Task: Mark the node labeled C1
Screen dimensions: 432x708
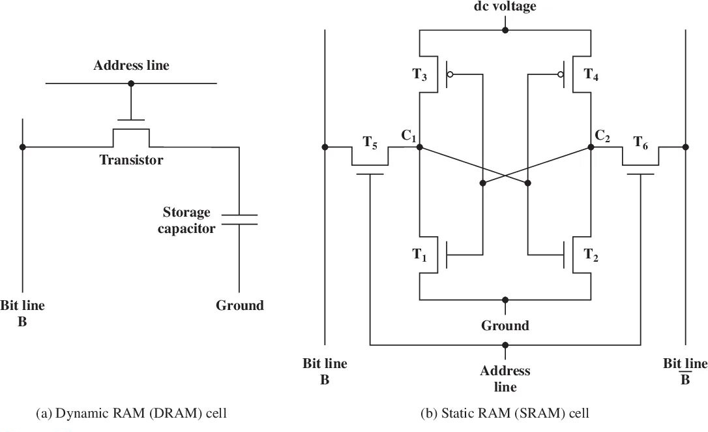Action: coord(409,136)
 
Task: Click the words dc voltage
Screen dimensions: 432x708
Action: coord(505,7)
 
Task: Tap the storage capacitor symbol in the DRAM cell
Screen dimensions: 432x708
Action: coord(239,219)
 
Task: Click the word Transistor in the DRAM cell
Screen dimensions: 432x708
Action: coord(131,160)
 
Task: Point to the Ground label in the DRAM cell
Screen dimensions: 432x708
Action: coord(240,305)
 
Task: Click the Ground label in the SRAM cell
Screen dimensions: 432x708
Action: coord(505,324)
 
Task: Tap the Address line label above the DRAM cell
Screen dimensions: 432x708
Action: coord(131,65)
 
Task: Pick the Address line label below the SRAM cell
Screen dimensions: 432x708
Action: coord(505,378)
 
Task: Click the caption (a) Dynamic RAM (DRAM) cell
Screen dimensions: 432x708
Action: coord(132,413)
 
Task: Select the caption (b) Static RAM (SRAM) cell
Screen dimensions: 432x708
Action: coord(505,413)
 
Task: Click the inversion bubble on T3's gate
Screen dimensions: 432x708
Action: coord(450,74)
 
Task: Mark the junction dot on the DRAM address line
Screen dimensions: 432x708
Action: coord(131,84)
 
